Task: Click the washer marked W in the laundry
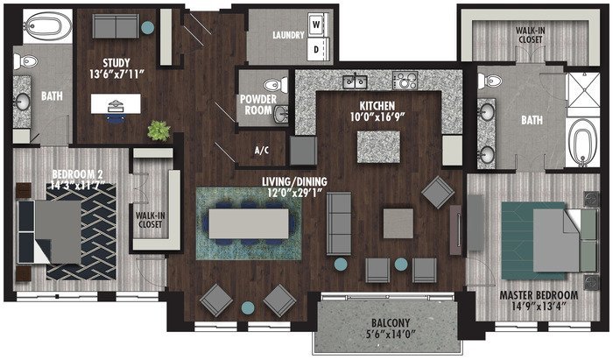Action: point(317,25)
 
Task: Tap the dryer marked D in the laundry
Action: point(317,49)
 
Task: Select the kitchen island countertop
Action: point(378,147)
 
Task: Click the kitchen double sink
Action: point(355,81)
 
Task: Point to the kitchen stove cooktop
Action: point(405,80)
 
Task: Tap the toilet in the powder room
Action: point(276,85)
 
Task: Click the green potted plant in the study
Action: point(159,131)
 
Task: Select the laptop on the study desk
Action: point(116,105)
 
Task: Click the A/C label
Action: point(262,150)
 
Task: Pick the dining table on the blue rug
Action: point(249,223)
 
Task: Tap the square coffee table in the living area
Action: point(398,223)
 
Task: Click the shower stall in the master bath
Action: point(583,90)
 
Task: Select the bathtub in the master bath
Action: point(582,142)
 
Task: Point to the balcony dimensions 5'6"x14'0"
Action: point(391,335)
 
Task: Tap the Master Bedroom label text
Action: point(539,295)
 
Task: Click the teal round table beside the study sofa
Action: point(147,28)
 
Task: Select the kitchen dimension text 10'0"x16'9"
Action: point(377,116)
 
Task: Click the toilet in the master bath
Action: point(490,81)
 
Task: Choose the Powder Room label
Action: point(258,105)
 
